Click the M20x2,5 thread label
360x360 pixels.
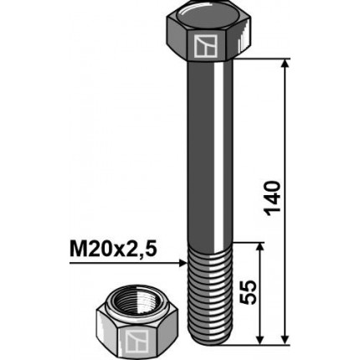pos(112,249)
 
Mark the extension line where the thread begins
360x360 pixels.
pos(251,242)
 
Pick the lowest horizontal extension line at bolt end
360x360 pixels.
pos(260,343)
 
